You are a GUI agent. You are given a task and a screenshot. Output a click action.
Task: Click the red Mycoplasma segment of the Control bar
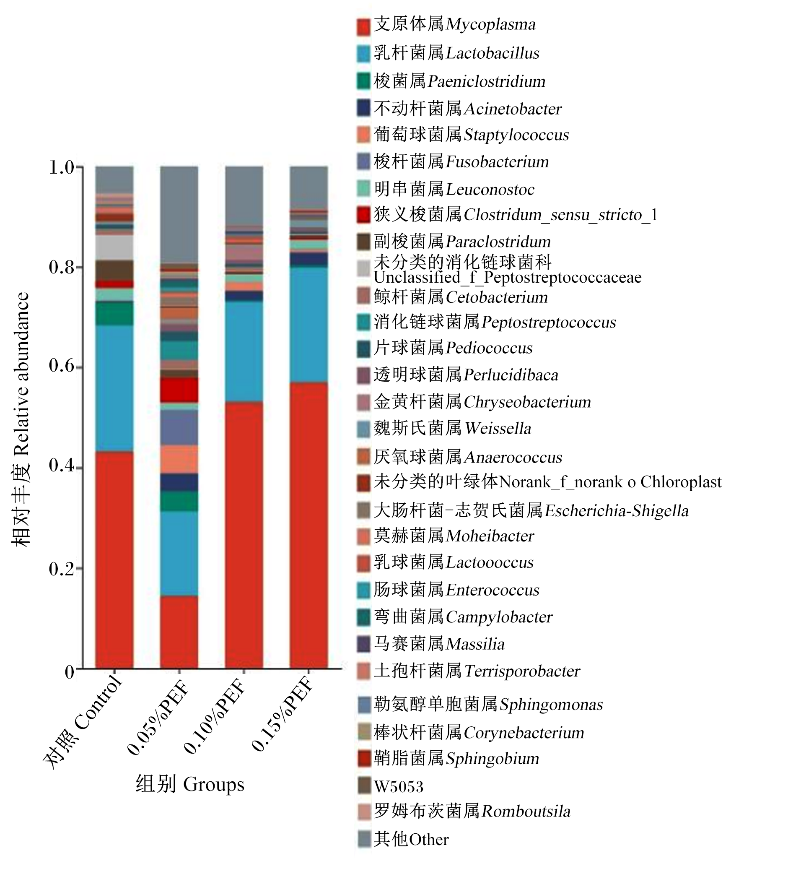point(114,559)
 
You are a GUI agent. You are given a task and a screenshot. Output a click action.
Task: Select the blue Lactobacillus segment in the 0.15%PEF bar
point(309,324)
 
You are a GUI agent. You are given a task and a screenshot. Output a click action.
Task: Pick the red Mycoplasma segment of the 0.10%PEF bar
point(244,535)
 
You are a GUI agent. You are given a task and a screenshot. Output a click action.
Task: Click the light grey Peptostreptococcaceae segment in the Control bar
point(114,248)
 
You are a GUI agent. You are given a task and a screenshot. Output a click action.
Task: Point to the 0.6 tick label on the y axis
point(62,366)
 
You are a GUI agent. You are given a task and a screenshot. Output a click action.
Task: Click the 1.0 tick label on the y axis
point(62,167)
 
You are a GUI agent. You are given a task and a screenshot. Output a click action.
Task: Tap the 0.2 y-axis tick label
point(62,568)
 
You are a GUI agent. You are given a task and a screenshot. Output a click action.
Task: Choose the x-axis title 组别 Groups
point(190,783)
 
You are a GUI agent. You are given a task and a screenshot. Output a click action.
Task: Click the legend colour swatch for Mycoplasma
point(364,26)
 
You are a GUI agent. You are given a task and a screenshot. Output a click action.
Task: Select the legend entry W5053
point(399,786)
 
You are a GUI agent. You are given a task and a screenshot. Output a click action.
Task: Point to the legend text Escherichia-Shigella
point(617,511)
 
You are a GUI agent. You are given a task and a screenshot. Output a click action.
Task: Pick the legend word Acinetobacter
point(513,109)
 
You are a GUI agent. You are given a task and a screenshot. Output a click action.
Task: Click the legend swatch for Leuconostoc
point(364,188)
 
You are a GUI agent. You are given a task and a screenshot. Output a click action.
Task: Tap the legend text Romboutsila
point(526,811)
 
